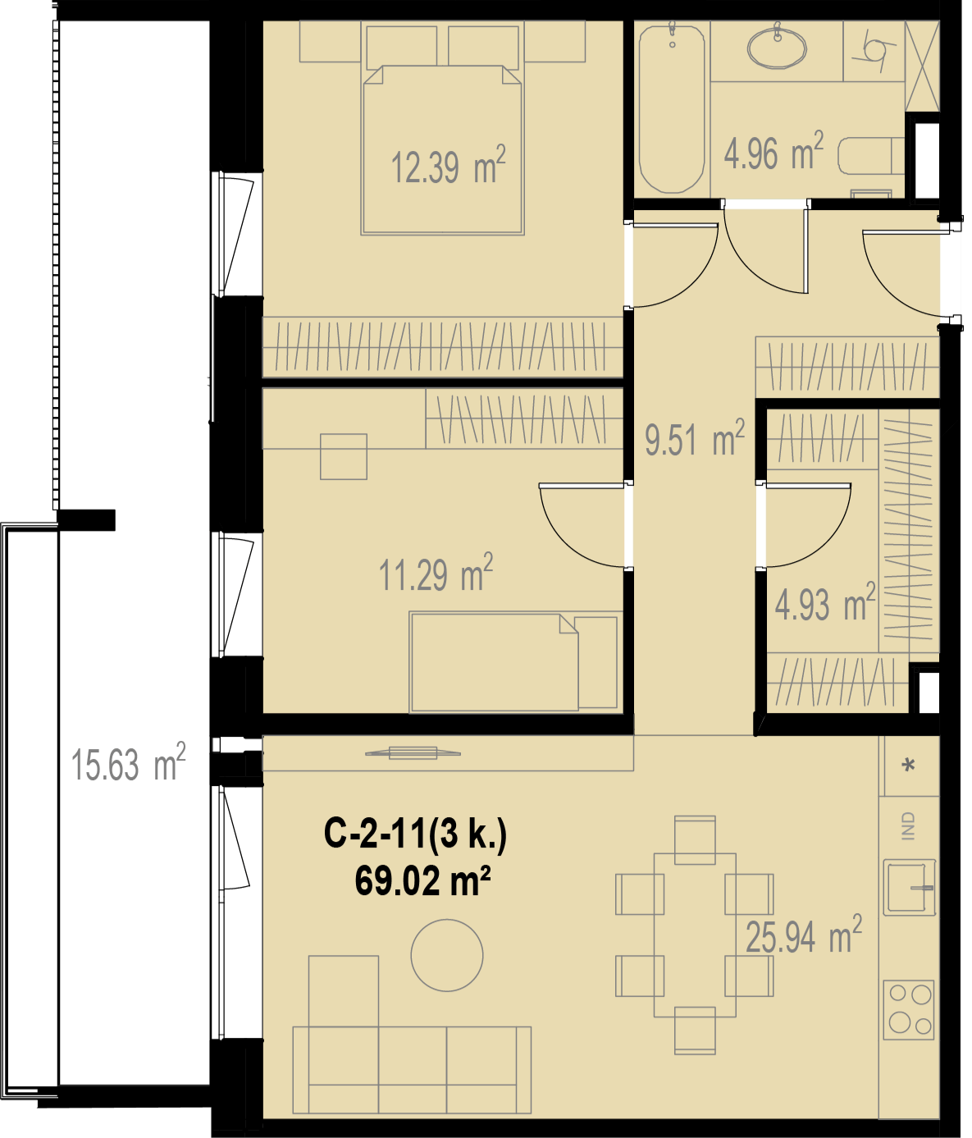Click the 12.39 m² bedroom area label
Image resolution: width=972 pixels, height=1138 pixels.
tap(448, 165)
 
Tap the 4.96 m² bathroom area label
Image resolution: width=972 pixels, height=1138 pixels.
tap(773, 151)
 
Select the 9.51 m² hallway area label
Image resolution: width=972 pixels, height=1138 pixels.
tap(695, 437)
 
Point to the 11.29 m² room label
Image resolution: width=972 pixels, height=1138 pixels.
tap(436, 574)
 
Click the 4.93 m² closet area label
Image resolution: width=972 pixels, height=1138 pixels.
tap(824, 602)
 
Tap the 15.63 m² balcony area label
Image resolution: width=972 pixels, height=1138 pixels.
tap(128, 762)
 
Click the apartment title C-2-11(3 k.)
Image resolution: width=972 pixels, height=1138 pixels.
tap(416, 834)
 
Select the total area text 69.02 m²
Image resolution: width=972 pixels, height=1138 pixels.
tap(422, 881)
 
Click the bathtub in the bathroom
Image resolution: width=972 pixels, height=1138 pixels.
tap(672, 107)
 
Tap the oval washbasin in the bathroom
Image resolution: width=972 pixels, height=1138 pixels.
tap(777, 48)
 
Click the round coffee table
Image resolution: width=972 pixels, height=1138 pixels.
tap(447, 955)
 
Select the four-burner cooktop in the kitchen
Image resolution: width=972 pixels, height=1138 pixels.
tap(909, 1010)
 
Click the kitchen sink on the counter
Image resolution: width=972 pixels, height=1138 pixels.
tap(909, 888)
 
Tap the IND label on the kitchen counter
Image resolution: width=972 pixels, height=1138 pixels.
tap(908, 826)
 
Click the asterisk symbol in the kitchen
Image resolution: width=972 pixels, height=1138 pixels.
tap(909, 765)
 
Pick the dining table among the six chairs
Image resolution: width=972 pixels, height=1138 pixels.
tap(695, 935)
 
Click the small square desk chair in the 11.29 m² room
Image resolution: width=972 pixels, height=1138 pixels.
tap(344, 456)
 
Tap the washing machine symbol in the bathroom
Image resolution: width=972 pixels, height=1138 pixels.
tap(874, 51)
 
